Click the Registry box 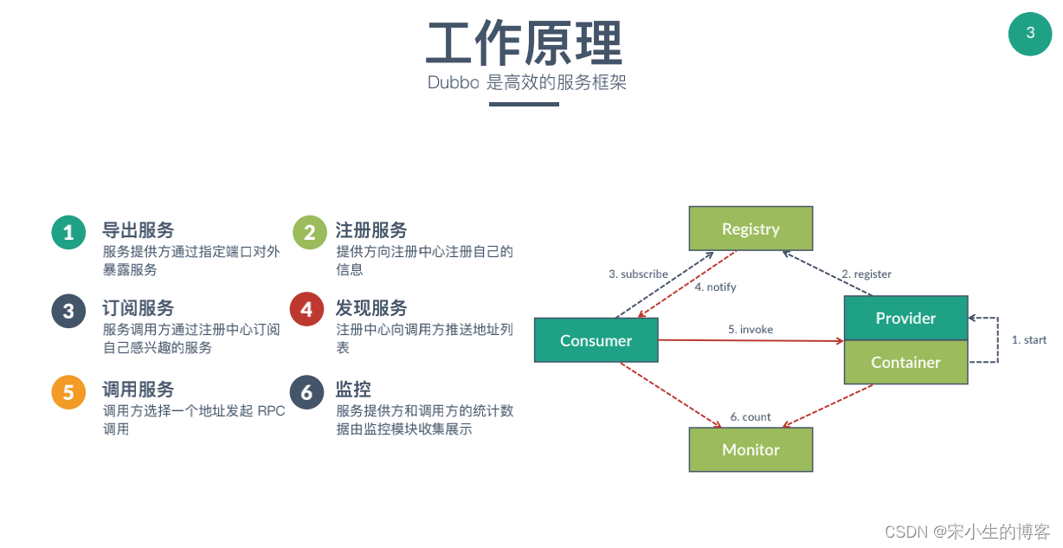(751, 229)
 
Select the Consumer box (596, 340)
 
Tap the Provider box (905, 318)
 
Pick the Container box (905, 362)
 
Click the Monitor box (751, 449)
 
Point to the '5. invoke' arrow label (751, 329)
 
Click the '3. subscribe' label (638, 274)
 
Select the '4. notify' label (715, 287)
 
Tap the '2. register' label (867, 274)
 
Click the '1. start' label (1029, 339)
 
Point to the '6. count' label (751, 416)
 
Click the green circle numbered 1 (68, 232)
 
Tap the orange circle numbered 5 (68, 392)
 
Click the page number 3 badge (1030, 34)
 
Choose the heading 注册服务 (371, 230)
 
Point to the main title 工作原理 (525, 43)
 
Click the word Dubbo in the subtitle (453, 83)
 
